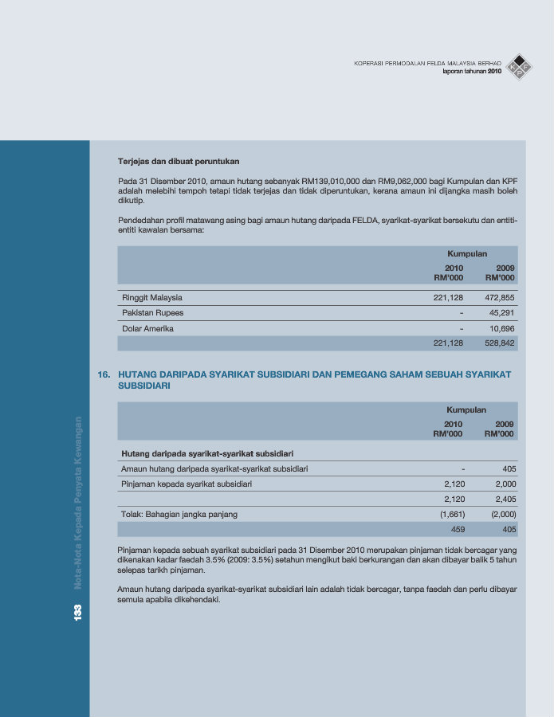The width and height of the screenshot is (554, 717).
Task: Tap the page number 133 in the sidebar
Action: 78,612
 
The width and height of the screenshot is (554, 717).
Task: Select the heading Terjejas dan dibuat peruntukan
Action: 179,162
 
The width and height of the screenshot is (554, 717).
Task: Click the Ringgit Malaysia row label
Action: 152,298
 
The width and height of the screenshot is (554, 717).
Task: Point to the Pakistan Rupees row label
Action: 152,313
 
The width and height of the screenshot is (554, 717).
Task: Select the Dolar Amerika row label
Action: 147,328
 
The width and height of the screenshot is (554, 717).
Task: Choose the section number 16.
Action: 103,374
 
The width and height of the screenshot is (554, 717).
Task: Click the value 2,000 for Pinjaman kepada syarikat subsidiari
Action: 505,484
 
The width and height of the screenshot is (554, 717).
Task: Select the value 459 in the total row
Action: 458,529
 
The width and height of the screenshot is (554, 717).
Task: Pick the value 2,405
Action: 505,500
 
